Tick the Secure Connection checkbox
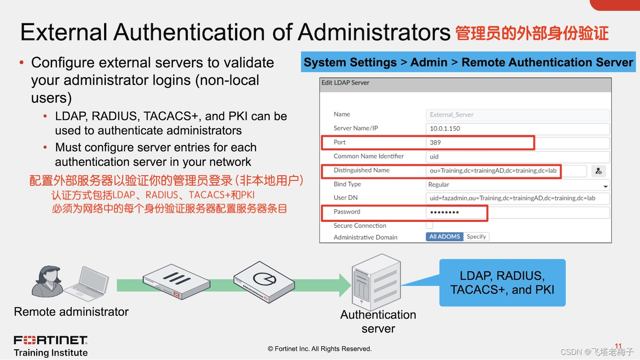coord(430,225)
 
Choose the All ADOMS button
coord(444,237)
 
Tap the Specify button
coord(476,237)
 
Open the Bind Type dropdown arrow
coord(605,186)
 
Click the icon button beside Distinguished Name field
coord(599,171)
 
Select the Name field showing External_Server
coord(517,115)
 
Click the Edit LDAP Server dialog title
coord(345,83)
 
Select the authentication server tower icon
coord(375,282)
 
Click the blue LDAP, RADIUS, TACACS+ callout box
coord(502,283)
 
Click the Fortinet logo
coord(50,340)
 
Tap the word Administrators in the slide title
coord(374,32)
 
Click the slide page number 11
coord(618,346)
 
